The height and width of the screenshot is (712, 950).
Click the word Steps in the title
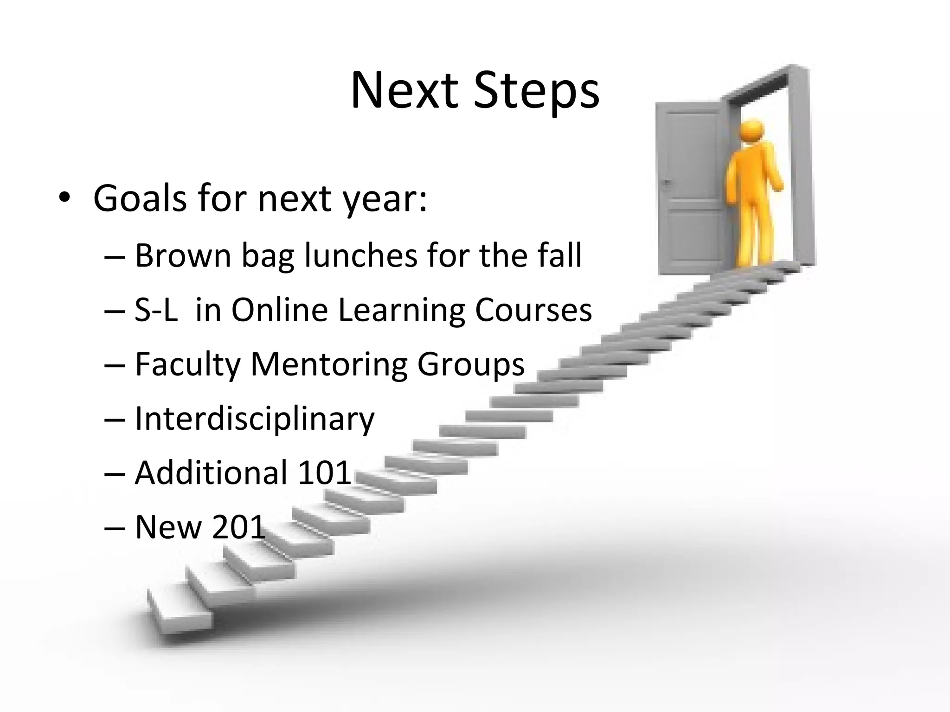coord(536,91)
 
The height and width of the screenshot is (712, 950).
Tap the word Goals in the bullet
coord(140,198)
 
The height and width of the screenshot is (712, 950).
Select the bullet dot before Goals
coord(64,198)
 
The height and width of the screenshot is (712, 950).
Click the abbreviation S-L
coord(156,310)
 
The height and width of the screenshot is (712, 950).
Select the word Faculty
coord(187,365)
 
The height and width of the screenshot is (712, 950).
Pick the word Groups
coord(471,365)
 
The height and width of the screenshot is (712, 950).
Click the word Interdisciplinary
coord(254,419)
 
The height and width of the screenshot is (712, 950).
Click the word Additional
coord(211,473)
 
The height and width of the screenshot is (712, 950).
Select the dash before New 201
coord(115,528)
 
